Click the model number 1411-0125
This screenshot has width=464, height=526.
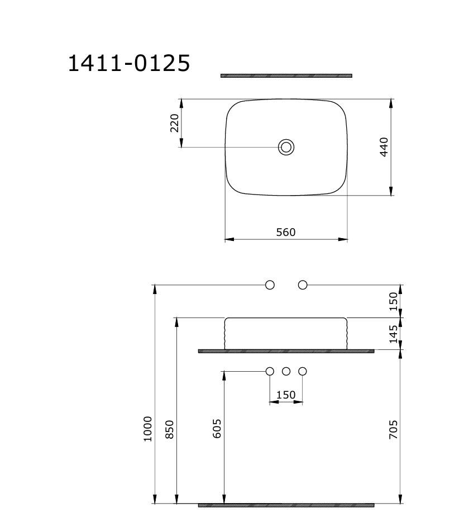click(129, 63)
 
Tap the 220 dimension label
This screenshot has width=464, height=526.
click(175, 123)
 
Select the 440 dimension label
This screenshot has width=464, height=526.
click(384, 147)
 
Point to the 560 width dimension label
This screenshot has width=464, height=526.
click(286, 232)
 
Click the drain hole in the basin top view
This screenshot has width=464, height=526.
click(286, 147)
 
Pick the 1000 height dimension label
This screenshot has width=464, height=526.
click(148, 429)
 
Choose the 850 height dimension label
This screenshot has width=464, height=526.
click(170, 429)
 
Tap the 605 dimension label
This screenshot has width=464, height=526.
click(217, 428)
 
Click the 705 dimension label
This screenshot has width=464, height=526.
click(393, 429)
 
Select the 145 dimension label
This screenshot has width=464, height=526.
click(393, 334)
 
